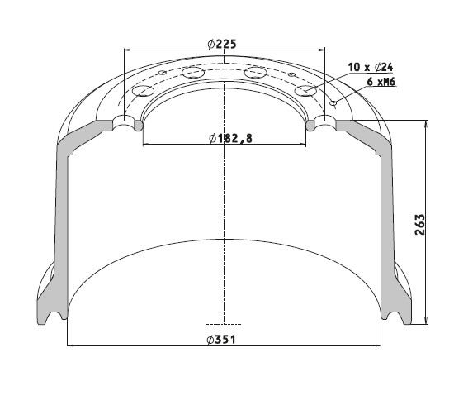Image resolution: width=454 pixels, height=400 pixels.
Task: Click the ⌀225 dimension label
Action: point(222,44)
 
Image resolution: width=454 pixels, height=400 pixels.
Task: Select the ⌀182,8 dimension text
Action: point(230,139)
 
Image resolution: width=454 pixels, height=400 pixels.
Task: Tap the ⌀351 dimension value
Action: point(221,340)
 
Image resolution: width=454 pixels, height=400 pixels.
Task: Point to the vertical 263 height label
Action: point(419,224)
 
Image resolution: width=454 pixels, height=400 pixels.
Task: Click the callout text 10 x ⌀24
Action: point(371,67)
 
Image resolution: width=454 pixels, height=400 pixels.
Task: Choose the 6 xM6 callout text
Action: point(381,82)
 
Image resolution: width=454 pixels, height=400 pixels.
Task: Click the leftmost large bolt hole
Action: point(143,91)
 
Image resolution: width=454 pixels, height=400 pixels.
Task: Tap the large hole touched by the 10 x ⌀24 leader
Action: point(305,90)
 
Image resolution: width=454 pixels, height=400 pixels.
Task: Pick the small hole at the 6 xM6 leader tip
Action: point(333,102)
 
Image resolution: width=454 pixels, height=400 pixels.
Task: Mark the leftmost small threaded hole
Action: point(163,72)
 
